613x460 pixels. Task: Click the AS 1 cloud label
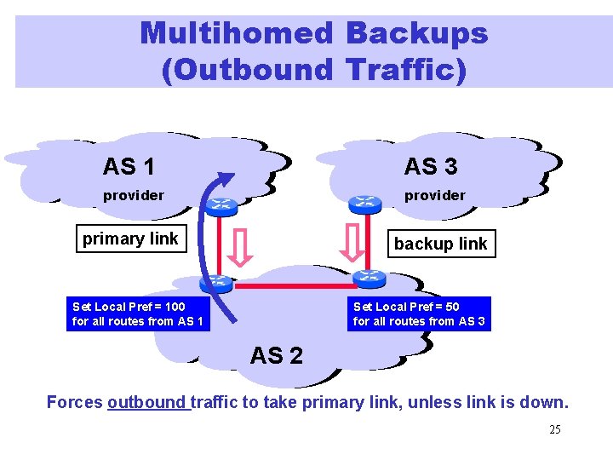pos(129,166)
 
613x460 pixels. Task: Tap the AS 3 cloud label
pos(431,166)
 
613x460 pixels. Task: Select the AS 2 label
pos(276,355)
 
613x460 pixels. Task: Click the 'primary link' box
pos(130,239)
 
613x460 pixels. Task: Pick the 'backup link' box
pos(440,244)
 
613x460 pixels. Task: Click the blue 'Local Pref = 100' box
pos(138,313)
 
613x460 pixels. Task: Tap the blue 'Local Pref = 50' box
pos(419,313)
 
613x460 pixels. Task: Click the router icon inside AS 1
pos(222,204)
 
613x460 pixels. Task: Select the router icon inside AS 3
pos(366,203)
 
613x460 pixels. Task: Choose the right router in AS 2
pos(368,277)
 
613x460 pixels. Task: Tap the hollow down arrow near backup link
pos(351,243)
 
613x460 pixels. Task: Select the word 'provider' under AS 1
pos(134,195)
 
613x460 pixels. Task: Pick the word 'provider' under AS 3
pos(434,195)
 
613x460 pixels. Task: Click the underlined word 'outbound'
pos(147,402)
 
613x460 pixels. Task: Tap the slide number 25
pos(554,429)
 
